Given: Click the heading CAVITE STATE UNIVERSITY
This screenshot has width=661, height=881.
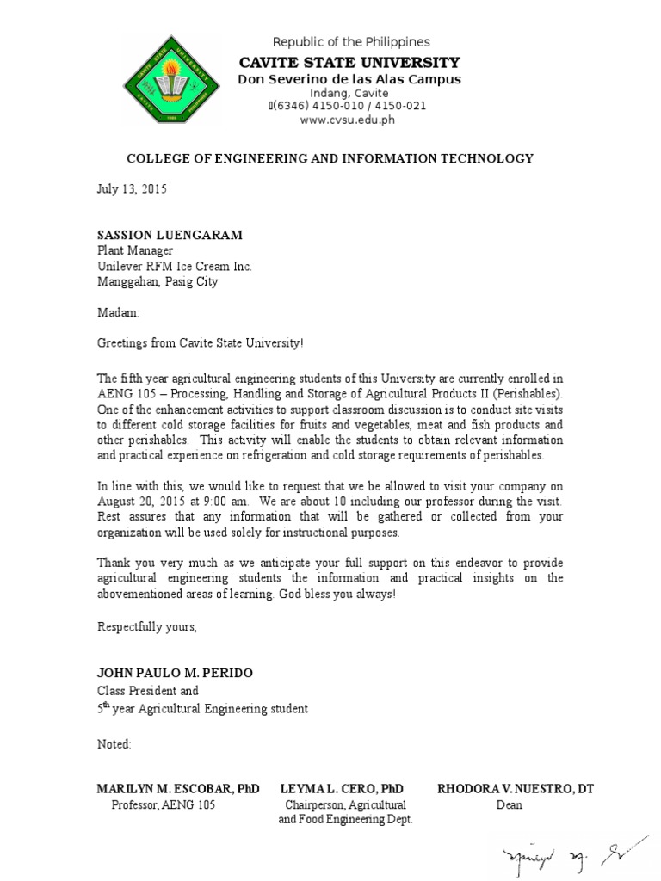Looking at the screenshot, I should pyautogui.click(x=349, y=62).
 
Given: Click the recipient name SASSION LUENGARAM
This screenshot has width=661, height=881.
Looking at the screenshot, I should pyautogui.click(x=169, y=235).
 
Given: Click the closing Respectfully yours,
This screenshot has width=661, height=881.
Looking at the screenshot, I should pyautogui.click(x=146, y=626).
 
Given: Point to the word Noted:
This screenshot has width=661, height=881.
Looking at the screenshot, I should pyautogui.click(x=114, y=743).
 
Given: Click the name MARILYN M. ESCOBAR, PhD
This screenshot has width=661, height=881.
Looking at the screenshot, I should pyautogui.click(x=177, y=789).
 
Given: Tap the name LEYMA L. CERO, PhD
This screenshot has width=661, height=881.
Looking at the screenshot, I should pyautogui.click(x=342, y=789).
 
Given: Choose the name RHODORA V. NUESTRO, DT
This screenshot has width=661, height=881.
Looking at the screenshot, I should pyautogui.click(x=515, y=789).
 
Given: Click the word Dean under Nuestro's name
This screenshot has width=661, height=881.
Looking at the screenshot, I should pyautogui.click(x=509, y=805).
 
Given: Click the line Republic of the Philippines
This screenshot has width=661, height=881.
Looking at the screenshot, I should pyautogui.click(x=351, y=42).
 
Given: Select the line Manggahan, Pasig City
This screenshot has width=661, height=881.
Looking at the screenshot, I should pyautogui.click(x=157, y=281).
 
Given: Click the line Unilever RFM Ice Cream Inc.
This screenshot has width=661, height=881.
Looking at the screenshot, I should pyautogui.click(x=174, y=266).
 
